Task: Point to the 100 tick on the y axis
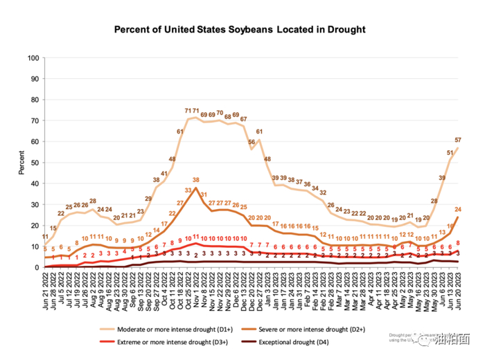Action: (x=32, y=58)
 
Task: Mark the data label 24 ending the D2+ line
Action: (x=459, y=209)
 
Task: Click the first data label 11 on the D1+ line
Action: (x=45, y=236)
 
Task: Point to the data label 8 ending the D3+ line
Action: (x=459, y=244)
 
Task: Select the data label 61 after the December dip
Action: (x=259, y=132)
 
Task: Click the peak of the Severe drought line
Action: (x=196, y=188)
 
